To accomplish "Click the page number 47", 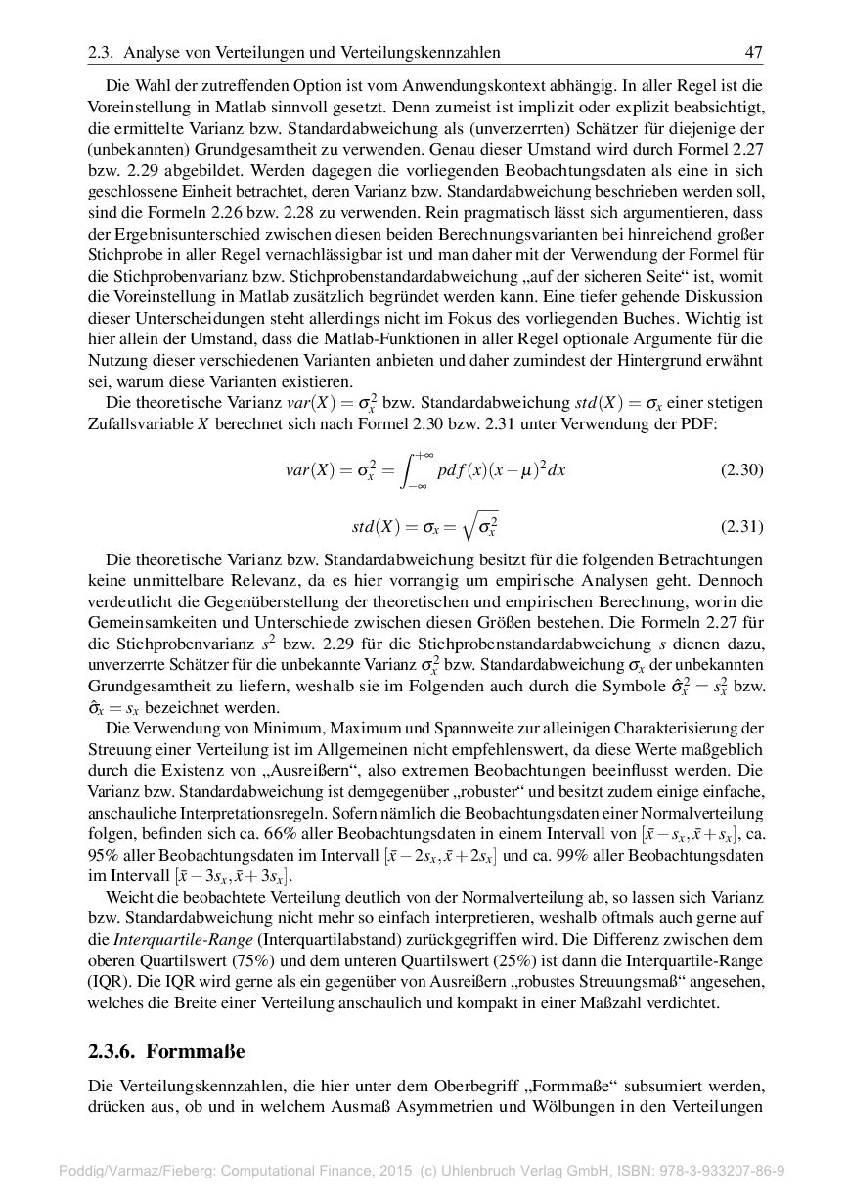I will (753, 52).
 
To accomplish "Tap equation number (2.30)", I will (741, 469).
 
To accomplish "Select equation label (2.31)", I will (741, 527).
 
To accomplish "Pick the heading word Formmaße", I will (196, 1051).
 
